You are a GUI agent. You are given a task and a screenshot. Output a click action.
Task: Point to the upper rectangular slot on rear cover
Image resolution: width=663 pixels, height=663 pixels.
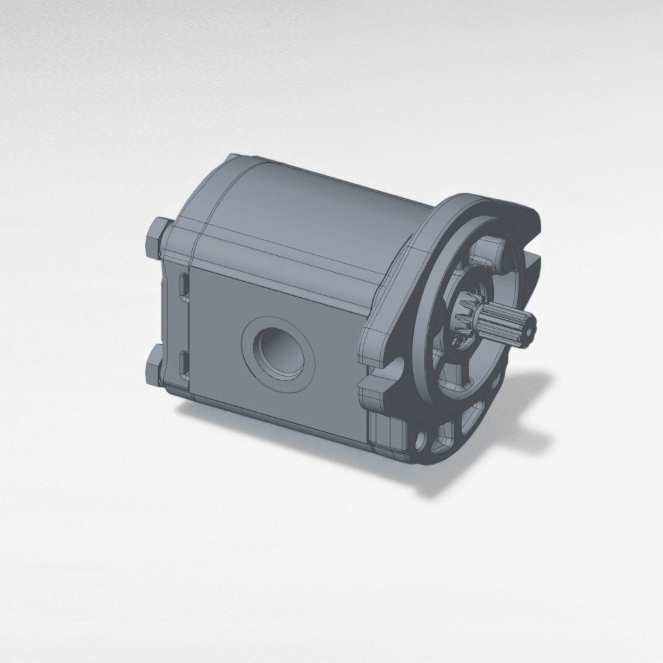tap(183, 288)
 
